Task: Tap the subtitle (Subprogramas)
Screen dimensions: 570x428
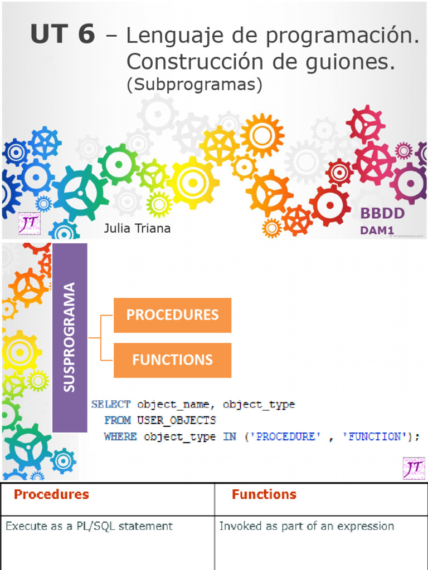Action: pos(194,84)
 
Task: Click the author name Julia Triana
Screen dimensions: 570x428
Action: pos(137,229)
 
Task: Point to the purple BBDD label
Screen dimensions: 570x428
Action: pos(382,213)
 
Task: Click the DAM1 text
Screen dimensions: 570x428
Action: pos(377,229)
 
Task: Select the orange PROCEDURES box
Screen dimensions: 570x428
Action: pos(172,315)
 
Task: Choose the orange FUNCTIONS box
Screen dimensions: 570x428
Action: pos(172,360)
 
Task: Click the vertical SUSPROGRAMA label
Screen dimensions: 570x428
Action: pos(70,337)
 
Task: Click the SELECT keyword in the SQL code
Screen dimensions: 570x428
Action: pos(111,405)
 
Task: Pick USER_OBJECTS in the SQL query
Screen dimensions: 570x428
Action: pos(177,420)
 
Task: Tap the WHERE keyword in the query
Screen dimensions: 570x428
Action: pos(120,437)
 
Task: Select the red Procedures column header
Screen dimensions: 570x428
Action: pos(51,494)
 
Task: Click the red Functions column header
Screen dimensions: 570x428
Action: pos(264,494)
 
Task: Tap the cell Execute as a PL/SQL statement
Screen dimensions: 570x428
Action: pos(89,526)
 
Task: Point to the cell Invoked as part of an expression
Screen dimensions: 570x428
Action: pos(307,526)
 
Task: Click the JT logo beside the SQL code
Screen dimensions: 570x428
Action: pos(414,468)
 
